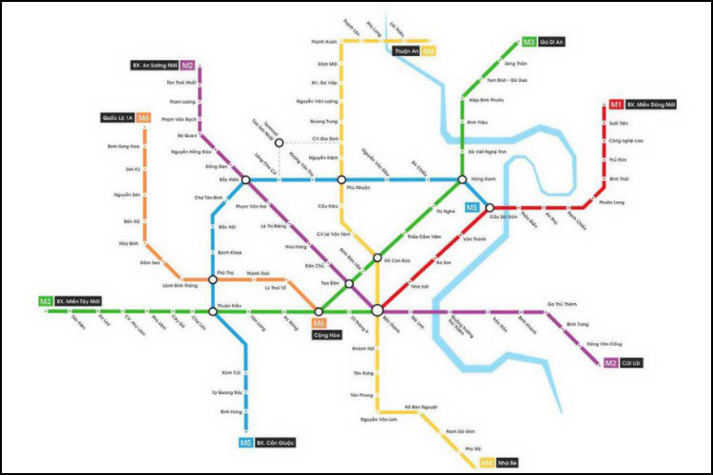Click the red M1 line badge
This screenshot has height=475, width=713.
[x=616, y=104]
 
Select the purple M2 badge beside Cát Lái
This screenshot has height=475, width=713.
[x=611, y=362]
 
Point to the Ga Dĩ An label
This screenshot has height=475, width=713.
[x=553, y=43]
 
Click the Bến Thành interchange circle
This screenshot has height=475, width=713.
[x=377, y=309]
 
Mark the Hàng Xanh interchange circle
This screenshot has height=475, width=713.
[x=463, y=180]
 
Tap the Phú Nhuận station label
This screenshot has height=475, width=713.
[x=330, y=188]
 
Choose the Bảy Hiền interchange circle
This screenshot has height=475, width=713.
[x=246, y=180]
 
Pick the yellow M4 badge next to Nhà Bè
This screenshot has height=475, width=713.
[x=486, y=463]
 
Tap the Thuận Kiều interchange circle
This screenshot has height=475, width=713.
[x=212, y=311]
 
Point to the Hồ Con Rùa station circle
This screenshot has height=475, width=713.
[x=377, y=258]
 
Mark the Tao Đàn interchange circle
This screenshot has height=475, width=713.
[x=349, y=283]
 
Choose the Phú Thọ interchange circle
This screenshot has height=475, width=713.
[x=212, y=279]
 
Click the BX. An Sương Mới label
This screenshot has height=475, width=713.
[x=154, y=66]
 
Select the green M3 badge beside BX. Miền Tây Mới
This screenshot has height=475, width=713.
[x=45, y=301]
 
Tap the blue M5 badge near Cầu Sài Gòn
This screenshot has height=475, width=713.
[x=472, y=207]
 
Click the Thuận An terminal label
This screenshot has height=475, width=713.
[x=406, y=50]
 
